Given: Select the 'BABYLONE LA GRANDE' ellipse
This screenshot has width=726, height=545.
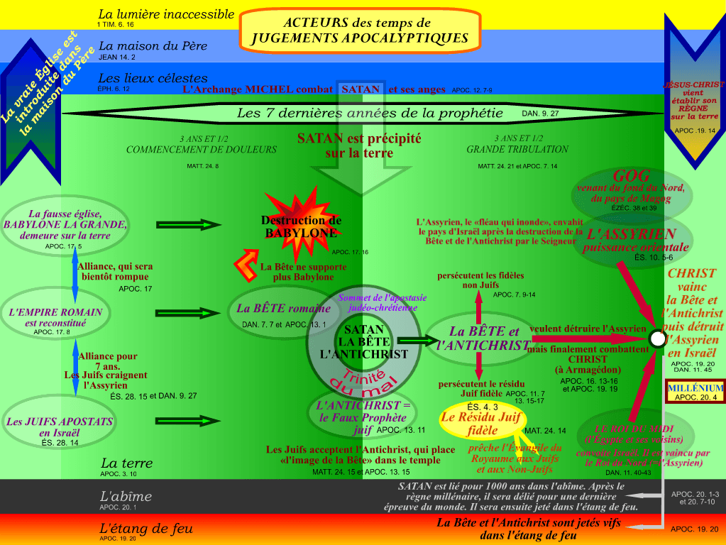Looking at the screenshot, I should click(65, 225).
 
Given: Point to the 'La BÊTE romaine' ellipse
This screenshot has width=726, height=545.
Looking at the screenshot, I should click(284, 309).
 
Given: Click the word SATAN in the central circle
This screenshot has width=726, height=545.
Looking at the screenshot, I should click(363, 329).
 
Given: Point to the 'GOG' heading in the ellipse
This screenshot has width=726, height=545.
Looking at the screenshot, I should click(632, 176).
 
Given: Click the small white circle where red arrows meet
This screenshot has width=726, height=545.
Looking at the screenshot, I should click(657, 339).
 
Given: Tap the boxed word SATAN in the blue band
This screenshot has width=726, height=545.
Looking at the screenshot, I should click(361, 89).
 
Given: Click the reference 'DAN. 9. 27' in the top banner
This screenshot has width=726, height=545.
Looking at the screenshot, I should click(541, 113).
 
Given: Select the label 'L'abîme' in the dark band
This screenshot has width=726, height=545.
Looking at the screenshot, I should click(126, 497).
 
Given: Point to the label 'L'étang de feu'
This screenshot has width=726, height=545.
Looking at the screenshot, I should click(145, 529).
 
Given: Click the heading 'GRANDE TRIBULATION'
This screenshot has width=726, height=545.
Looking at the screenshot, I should click(517, 150).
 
